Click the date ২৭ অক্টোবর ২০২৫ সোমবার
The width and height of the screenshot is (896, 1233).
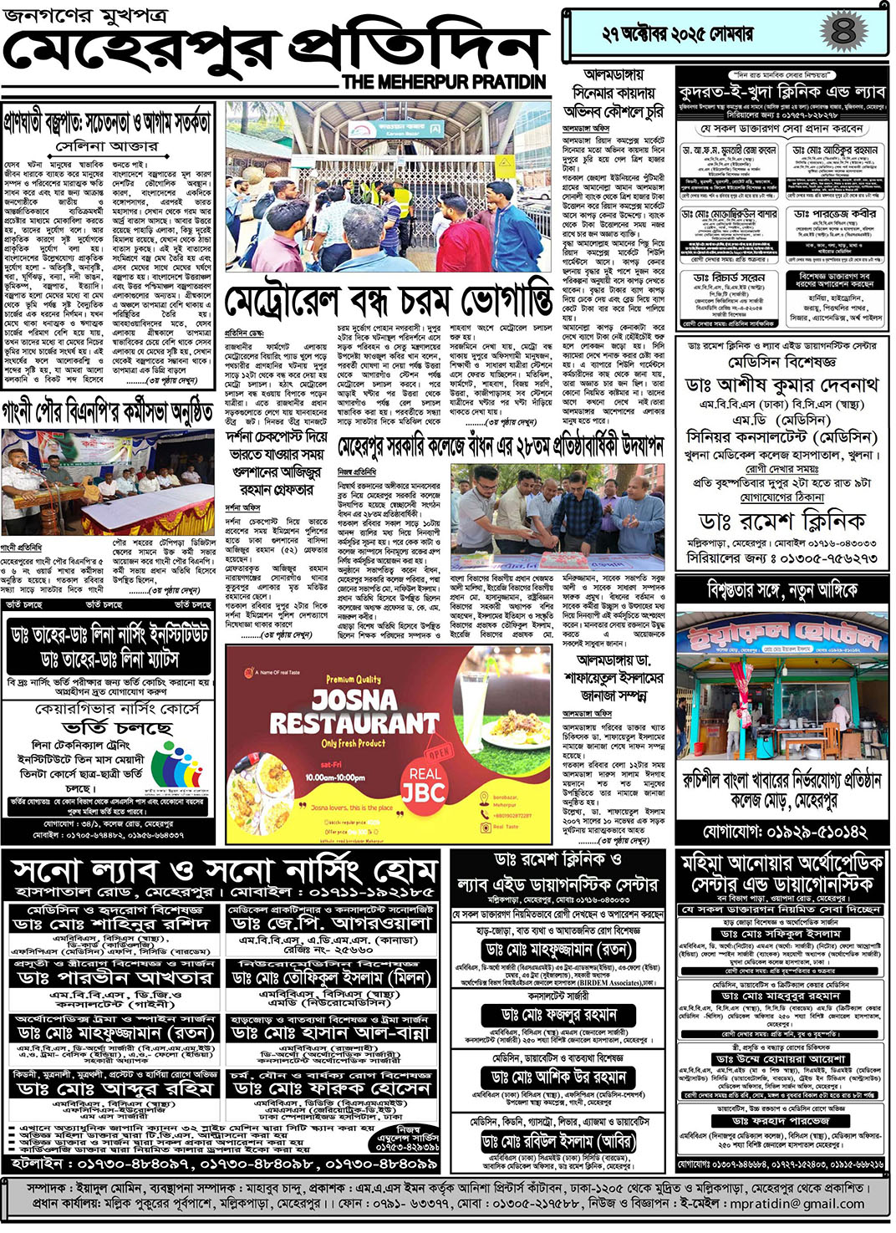coord(678,33)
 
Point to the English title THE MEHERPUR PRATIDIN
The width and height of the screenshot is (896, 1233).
coord(444,81)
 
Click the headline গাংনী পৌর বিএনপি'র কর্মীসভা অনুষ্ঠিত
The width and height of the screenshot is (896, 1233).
coord(108,413)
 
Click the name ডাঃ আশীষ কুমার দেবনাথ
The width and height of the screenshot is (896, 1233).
coord(781,385)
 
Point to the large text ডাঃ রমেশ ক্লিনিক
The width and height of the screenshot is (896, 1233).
coord(782,522)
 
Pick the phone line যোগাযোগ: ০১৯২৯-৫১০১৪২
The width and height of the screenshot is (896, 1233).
coord(783,832)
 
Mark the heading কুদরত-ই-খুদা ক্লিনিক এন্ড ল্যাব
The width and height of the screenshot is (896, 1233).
coord(781,91)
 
